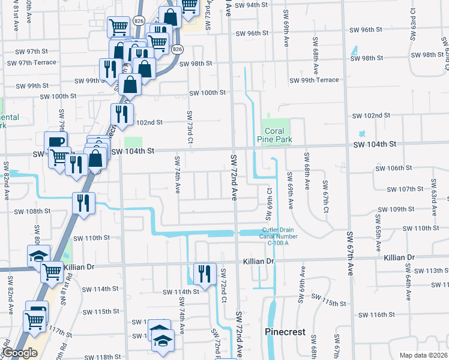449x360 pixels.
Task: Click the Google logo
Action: pos(20,353)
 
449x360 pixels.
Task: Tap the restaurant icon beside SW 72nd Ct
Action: pos(205,274)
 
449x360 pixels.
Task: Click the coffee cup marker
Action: pos(56,142)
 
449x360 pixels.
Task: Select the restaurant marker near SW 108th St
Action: pos(83,202)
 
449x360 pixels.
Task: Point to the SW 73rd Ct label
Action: pos(190,126)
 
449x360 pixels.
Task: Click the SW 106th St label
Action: pos(394,169)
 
